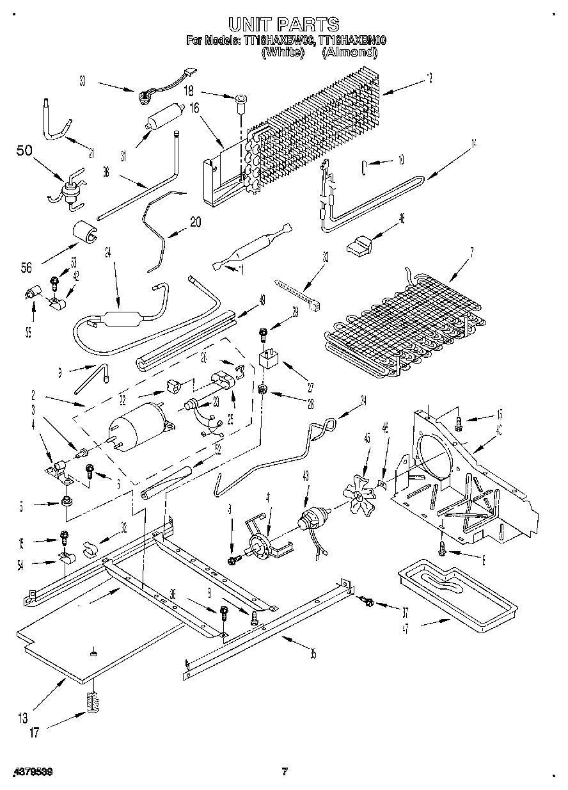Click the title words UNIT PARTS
click(283, 24)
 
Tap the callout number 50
click(24, 151)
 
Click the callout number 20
click(195, 222)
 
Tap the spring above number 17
click(93, 702)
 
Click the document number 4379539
click(32, 773)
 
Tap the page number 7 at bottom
click(285, 772)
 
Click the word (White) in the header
click(282, 52)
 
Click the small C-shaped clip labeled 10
click(363, 168)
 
